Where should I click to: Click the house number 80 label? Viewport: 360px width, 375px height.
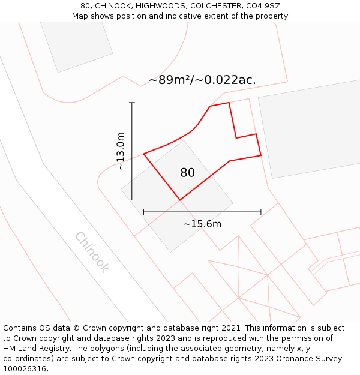point(187,173)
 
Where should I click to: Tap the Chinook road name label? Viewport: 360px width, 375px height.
point(92,252)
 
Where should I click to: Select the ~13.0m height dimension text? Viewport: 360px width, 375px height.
point(121,151)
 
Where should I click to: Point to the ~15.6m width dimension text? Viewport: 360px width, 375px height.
point(202,224)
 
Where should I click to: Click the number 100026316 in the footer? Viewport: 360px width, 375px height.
point(25,369)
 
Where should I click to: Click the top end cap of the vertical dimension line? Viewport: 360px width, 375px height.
point(132,103)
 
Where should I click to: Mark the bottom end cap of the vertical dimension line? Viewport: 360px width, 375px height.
point(132,200)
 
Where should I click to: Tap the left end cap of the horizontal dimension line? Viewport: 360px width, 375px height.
point(144,212)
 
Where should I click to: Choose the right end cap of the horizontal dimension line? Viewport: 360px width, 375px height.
point(261,212)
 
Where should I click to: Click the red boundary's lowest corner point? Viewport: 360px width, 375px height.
point(180,200)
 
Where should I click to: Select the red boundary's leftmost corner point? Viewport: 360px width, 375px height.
point(144,154)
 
